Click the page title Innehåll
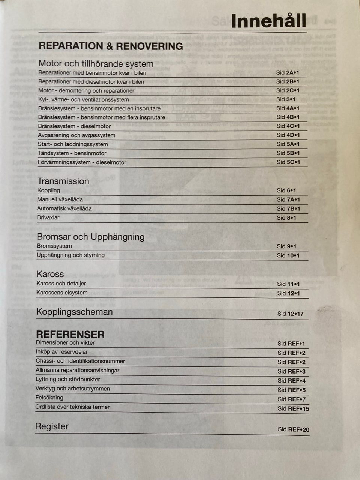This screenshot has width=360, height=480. click(x=268, y=21)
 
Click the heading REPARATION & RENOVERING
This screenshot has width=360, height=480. click(x=111, y=46)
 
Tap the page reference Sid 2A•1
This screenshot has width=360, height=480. click(x=288, y=72)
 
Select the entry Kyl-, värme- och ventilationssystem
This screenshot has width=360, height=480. click(x=83, y=99)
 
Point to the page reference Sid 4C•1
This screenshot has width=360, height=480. click(x=288, y=126)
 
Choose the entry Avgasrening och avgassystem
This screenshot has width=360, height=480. click(x=76, y=135)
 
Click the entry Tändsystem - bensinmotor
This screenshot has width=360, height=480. click(x=72, y=153)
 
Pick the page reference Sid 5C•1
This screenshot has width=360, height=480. click(x=288, y=162)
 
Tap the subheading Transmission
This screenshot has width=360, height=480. click(x=63, y=181)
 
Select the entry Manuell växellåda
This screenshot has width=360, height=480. click(x=60, y=199)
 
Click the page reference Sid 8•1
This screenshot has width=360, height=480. click(x=286, y=218)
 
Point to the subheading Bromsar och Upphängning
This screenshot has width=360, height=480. click(x=90, y=237)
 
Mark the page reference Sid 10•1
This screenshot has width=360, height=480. click(x=288, y=255)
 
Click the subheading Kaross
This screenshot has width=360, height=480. click(x=50, y=274)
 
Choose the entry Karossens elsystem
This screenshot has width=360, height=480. click(x=62, y=292)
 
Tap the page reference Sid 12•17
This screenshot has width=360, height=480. click(x=290, y=313)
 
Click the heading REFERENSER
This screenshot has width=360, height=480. click(x=70, y=334)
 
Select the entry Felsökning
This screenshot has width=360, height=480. click(x=49, y=397)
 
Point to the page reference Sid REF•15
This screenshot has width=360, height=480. click(x=293, y=408)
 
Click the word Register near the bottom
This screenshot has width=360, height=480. click(x=52, y=426)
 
